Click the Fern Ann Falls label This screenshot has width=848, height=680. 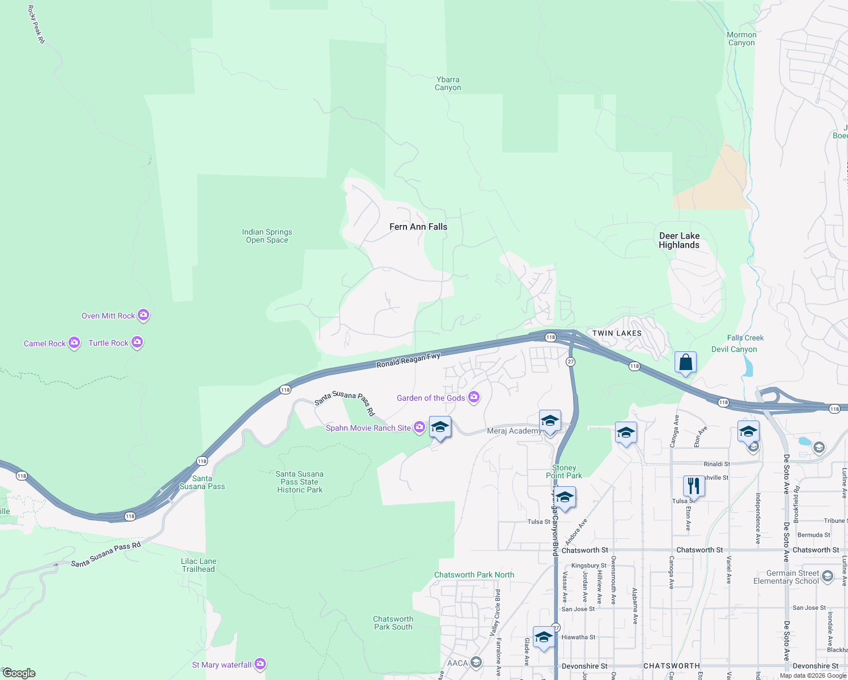click(x=418, y=227)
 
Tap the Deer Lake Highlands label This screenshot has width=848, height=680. click(x=679, y=240)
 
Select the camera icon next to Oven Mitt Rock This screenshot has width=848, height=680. click(x=143, y=315)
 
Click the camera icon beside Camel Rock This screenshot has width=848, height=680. click(x=74, y=343)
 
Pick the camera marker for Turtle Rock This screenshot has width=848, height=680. click(x=137, y=342)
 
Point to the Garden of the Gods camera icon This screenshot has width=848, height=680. click(x=474, y=398)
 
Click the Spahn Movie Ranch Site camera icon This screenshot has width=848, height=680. click(x=419, y=427)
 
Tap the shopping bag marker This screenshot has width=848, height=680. click(x=685, y=362)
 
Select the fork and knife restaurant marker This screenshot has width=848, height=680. click(x=694, y=486)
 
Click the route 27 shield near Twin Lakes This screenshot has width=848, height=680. click(x=570, y=362)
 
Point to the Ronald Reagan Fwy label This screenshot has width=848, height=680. click(x=408, y=360)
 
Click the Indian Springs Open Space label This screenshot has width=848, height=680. click(x=267, y=236)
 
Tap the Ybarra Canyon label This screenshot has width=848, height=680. click(x=448, y=83)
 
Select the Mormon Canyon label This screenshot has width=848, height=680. click(x=741, y=39)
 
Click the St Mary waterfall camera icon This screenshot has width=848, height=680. click(x=260, y=664)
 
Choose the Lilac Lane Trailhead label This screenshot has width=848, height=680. click(x=198, y=565)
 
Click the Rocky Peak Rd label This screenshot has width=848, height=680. click(x=36, y=24)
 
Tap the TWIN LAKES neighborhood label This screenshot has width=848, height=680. click(x=617, y=333)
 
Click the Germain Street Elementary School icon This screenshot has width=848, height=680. click(x=827, y=576)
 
